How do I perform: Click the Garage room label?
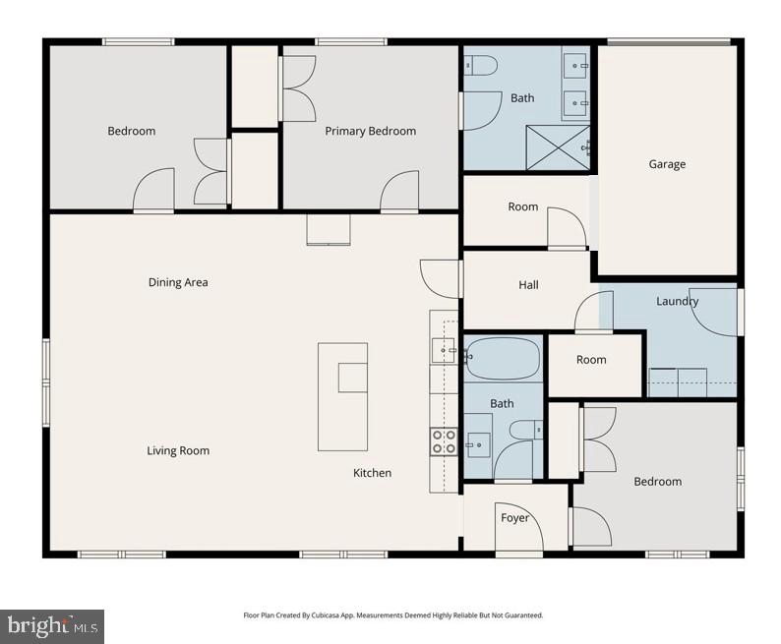[666, 164]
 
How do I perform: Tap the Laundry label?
[677, 301]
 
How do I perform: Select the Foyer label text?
[514, 518]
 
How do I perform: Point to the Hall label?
[528, 285]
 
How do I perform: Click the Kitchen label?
[372, 473]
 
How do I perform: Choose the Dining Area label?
[178, 282]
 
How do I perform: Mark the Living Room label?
[178, 451]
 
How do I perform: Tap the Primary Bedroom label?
[370, 131]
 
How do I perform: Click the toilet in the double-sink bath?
[482, 66]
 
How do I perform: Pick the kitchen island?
[342, 395]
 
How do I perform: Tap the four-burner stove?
[444, 441]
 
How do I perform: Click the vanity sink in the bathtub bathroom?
[477, 445]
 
